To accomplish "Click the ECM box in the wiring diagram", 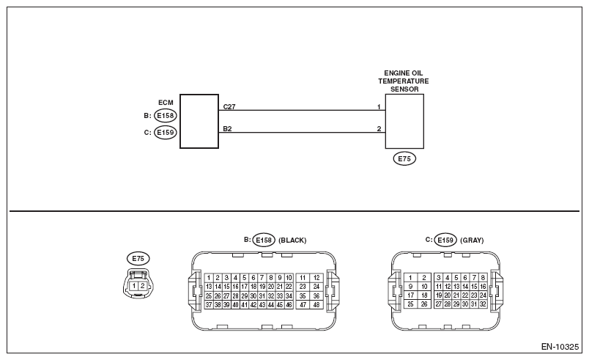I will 199,121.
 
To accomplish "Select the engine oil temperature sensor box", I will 405,121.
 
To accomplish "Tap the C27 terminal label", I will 229,107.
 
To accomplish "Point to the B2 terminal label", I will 228,129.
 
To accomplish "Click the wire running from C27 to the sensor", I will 308,111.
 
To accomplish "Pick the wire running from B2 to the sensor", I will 308,133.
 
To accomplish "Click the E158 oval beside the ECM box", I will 166,115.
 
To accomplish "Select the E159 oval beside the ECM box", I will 166,133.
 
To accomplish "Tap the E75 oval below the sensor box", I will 404,158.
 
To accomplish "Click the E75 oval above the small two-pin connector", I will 137,258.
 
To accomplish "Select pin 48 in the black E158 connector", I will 316,304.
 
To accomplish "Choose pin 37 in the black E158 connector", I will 209,304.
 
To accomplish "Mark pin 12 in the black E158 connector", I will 316,278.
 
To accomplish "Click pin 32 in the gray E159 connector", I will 483,304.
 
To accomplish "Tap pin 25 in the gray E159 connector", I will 410,304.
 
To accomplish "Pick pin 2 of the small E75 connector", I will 143,284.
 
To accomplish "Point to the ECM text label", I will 166,102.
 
